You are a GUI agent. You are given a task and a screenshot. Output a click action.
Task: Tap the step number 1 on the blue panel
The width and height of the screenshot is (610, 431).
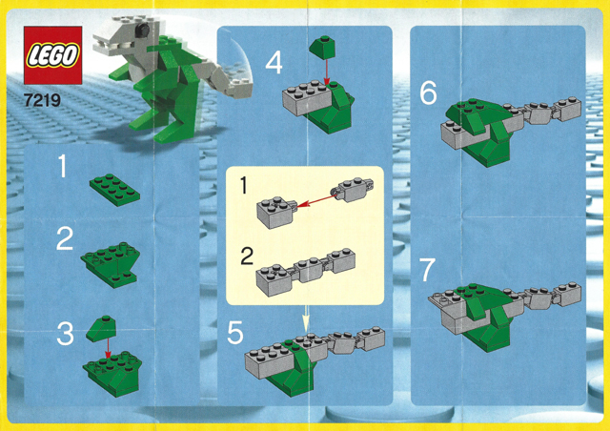63,169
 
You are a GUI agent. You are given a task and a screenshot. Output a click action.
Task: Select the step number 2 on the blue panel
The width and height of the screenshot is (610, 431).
64,238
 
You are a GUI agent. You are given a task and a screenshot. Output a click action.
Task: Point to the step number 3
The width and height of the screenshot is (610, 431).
64,334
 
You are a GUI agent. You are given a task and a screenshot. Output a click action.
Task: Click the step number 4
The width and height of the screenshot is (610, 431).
274,64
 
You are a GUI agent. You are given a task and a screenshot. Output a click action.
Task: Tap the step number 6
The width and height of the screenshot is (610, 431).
428,92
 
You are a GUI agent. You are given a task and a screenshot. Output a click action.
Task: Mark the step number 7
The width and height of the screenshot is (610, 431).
428,270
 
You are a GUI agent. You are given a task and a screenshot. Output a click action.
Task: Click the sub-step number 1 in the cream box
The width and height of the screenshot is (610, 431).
245,181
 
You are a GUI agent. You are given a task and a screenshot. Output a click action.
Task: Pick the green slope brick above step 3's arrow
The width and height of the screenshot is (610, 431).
98,329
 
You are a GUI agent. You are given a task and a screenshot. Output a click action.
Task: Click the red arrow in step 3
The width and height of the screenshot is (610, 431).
107,348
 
